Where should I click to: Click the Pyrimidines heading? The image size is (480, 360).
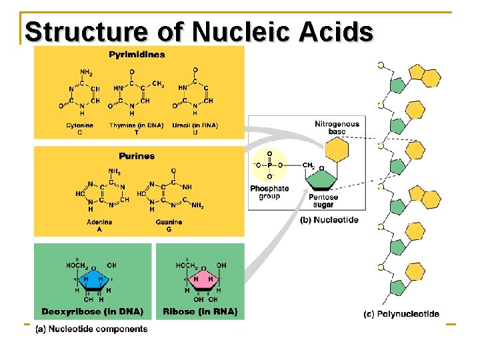[137, 55]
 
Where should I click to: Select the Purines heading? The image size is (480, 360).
[137, 156]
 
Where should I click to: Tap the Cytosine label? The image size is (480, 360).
[80, 126]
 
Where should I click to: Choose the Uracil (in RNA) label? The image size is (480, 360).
[194, 125]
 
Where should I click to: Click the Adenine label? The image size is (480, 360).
[99, 222]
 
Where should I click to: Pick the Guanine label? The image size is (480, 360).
[169, 222]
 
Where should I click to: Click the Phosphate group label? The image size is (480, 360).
[269, 192]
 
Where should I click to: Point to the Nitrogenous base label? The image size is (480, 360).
[337, 127]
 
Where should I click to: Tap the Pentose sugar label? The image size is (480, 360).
[323, 201]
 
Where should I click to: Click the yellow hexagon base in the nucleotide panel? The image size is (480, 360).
[337, 151]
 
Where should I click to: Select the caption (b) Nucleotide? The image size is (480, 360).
[329, 219]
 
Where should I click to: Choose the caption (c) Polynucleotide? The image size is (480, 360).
[401, 314]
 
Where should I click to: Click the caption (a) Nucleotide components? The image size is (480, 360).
[91, 329]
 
